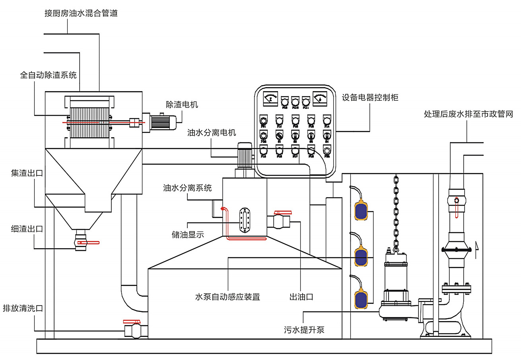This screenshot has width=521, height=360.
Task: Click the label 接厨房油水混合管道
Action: point(81,13)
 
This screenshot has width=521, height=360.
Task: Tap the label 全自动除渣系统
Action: point(48,75)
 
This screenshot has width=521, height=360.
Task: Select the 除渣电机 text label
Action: point(182,105)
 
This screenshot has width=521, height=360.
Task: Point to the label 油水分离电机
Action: point(212,133)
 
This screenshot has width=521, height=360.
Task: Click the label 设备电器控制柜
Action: point(370,97)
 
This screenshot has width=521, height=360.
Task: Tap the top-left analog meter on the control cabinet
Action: point(270,98)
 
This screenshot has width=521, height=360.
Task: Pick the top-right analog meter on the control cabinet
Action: point(320,97)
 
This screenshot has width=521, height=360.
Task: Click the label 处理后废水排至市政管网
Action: point(468,115)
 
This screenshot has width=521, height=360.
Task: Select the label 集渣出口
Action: point(27,173)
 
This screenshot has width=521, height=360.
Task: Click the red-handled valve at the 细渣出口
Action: point(82,242)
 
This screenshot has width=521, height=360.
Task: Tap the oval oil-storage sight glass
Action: point(243,220)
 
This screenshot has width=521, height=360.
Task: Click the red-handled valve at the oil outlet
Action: point(282,220)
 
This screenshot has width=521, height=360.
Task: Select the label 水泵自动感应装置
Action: point(227,297)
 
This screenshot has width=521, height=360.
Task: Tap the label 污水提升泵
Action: point(304,329)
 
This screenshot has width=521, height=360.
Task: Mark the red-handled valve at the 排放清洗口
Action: point(133,330)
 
